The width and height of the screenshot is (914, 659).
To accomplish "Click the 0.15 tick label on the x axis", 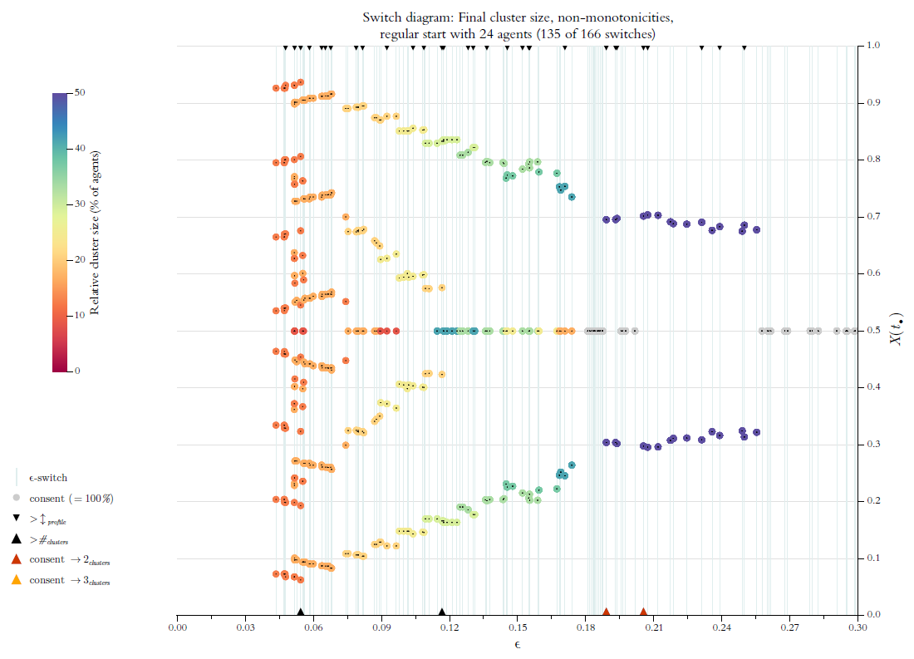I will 518,628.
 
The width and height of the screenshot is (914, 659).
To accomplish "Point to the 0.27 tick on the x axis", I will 789,615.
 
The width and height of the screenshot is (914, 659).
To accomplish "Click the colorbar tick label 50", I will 80,92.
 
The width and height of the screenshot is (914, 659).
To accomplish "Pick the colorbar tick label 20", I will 80,259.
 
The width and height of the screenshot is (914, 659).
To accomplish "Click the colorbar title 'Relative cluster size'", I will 96,233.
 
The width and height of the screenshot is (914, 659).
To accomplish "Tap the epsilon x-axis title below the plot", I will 517,645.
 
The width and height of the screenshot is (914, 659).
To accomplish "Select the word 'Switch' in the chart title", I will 381,17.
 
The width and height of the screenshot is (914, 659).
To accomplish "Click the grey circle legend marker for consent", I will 16,499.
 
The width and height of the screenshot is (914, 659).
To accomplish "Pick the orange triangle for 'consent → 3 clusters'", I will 16,580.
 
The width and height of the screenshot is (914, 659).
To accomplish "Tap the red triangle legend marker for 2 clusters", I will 16,559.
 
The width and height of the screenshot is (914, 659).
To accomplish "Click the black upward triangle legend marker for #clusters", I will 16,539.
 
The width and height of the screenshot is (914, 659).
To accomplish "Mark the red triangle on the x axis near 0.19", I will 607,612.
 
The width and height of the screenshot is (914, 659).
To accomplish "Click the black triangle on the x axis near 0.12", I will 442,612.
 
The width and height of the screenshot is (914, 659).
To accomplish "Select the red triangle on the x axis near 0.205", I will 643,612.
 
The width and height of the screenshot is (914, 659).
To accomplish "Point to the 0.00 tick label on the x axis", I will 177,628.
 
